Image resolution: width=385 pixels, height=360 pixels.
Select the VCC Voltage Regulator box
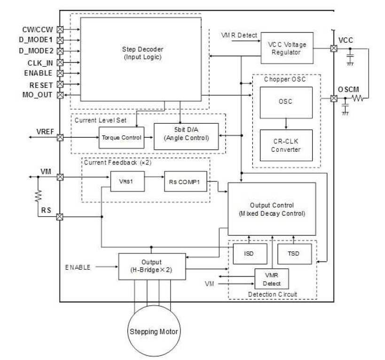tap(287, 48)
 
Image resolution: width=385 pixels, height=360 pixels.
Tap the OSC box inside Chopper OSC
tap(286, 102)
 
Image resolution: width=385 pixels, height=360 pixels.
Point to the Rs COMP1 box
tap(185, 181)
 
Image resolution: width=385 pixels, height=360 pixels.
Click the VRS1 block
tap(126, 181)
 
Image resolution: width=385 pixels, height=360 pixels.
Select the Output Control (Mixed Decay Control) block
tap(271, 209)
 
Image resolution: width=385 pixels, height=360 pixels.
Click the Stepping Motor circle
tap(154, 331)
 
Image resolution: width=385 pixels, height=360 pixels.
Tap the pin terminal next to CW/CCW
tap(60, 29)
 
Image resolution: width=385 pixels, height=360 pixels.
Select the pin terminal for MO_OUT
tap(60, 95)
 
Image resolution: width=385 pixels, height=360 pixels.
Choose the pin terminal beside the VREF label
tap(60, 138)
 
